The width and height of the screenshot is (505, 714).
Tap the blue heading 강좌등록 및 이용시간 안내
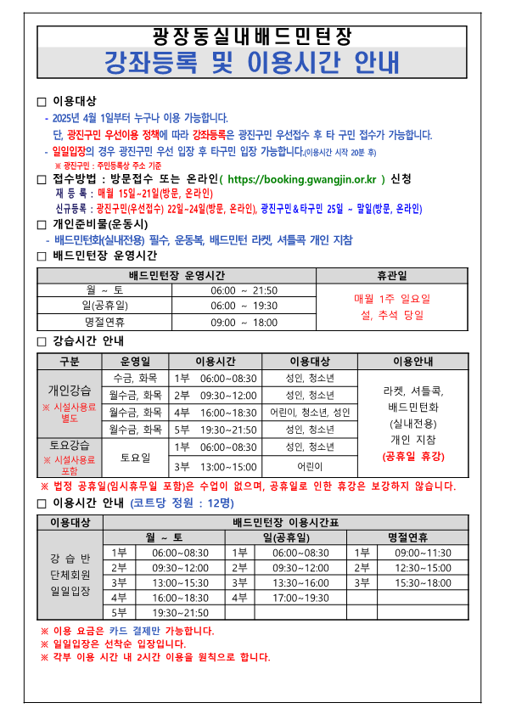pyautogui.click(x=251, y=62)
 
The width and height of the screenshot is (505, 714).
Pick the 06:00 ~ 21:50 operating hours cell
pyautogui.click(x=244, y=290)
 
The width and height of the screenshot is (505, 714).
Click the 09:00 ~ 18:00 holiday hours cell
pyautogui.click(x=244, y=323)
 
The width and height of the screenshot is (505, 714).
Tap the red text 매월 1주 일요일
pyautogui.click(x=392, y=299)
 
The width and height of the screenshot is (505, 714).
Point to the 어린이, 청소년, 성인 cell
pyautogui.click(x=310, y=413)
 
